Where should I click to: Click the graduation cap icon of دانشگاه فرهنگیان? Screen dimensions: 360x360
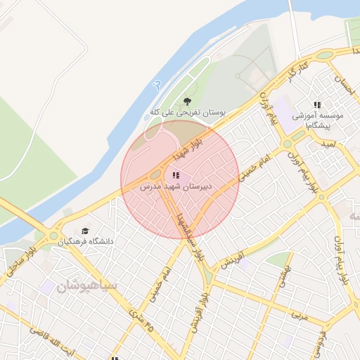85,231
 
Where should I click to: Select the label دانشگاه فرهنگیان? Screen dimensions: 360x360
85,242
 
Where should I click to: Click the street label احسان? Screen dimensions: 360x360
342,87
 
